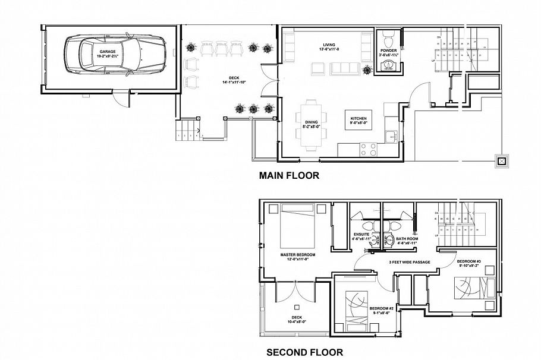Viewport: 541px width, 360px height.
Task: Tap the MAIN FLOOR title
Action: tap(289, 175)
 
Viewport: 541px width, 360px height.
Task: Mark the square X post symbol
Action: tap(502, 160)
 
